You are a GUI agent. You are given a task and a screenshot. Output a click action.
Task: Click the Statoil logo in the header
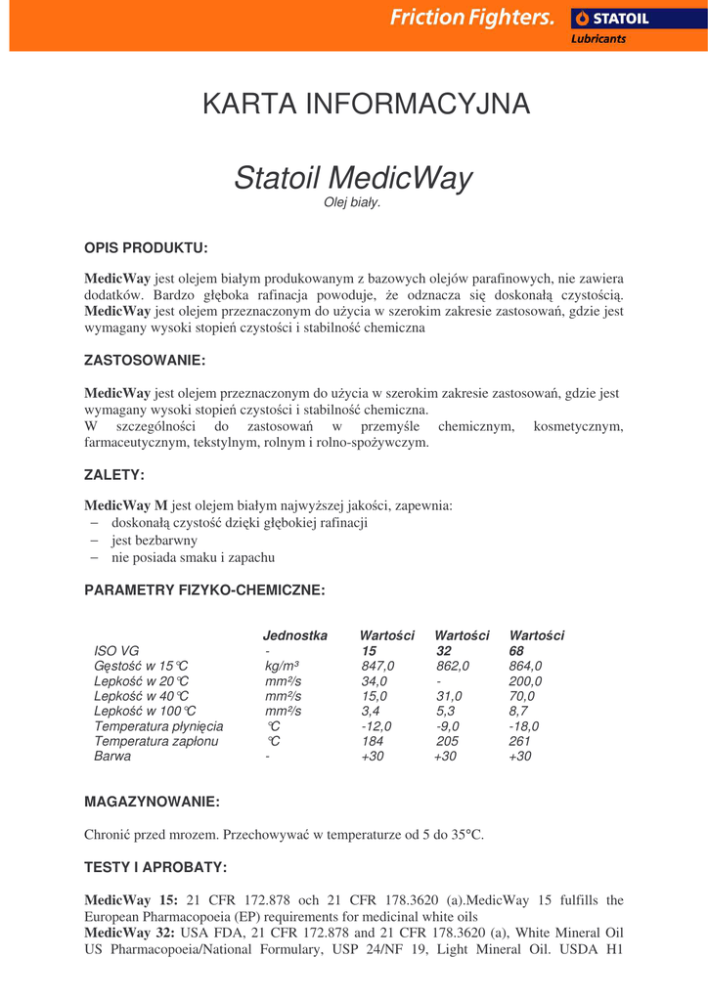click(610, 17)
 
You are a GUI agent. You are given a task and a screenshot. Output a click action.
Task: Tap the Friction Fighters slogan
click(472, 17)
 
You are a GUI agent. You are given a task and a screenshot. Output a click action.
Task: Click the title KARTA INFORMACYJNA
click(366, 104)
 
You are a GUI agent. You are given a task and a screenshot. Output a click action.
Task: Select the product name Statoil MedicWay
click(353, 178)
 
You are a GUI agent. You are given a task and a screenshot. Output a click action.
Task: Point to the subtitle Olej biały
click(351, 202)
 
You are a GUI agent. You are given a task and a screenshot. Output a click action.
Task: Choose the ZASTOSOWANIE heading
click(145, 361)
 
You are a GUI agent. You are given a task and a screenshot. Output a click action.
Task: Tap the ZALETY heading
click(114, 475)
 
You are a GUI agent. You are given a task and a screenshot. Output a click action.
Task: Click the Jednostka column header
click(295, 635)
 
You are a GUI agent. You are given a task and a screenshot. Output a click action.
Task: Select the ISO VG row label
click(116, 651)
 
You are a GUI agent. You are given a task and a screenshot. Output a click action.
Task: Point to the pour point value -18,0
click(524, 726)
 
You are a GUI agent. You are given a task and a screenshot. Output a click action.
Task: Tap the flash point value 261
click(519, 742)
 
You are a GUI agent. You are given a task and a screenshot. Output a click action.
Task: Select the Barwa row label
click(112, 757)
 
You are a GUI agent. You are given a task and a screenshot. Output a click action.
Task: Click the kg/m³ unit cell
click(282, 666)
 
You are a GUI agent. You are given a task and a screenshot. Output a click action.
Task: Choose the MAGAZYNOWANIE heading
click(152, 802)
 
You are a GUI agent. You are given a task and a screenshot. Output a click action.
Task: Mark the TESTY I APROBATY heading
click(155, 867)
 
